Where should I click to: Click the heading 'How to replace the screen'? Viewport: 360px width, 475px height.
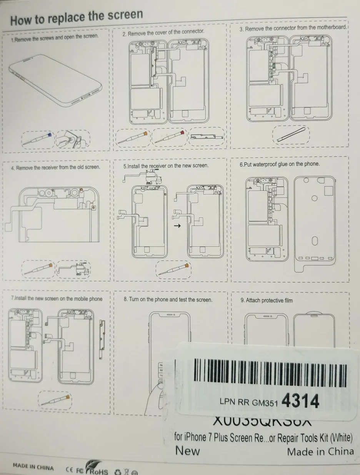(x=77, y=17)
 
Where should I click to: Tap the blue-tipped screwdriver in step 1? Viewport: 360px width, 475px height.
(x=38, y=139)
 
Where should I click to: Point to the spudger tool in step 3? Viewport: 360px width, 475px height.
(x=291, y=134)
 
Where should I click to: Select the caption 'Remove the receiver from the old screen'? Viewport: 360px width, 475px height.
(x=55, y=168)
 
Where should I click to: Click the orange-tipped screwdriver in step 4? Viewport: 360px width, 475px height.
(x=38, y=268)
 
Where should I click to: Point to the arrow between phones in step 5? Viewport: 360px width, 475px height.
(x=177, y=226)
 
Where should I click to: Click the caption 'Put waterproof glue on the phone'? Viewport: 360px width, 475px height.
(x=279, y=164)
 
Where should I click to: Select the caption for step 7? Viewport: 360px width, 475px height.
(x=57, y=299)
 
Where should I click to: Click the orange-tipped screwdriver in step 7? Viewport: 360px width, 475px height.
(x=55, y=400)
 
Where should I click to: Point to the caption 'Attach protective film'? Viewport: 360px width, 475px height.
(x=266, y=301)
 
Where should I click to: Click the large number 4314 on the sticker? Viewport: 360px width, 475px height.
(x=300, y=401)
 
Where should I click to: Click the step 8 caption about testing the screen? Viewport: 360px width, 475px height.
(x=168, y=299)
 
